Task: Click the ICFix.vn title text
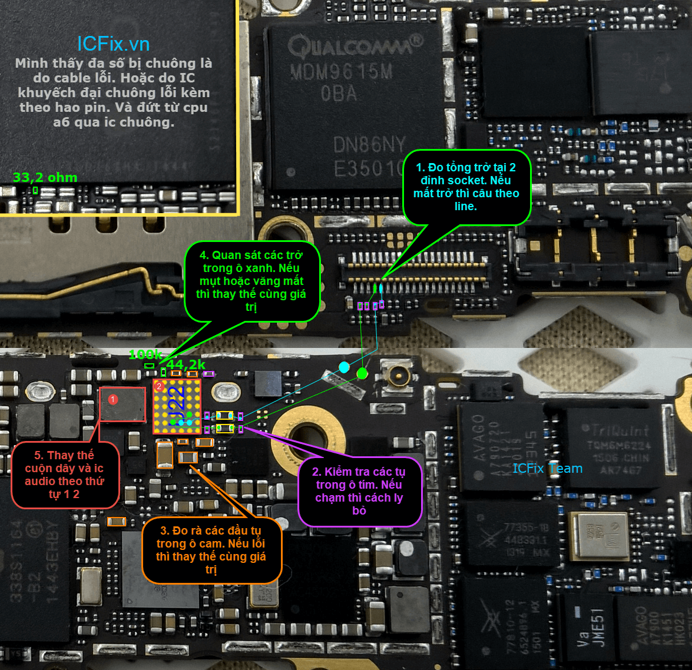point(113,44)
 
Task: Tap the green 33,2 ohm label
point(45,177)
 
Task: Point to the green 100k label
point(145,354)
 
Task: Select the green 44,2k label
point(186,364)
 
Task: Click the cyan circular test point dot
point(344,367)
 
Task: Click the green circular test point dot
point(362,373)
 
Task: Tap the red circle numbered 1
point(113,399)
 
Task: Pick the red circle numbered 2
point(159,386)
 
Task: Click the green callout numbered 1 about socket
point(466,187)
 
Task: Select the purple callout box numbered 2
point(359,491)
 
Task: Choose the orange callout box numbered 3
point(211,550)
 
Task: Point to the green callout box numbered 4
point(251,281)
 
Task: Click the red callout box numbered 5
point(64,475)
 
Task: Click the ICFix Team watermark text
point(547,469)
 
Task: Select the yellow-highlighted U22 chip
point(177,406)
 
